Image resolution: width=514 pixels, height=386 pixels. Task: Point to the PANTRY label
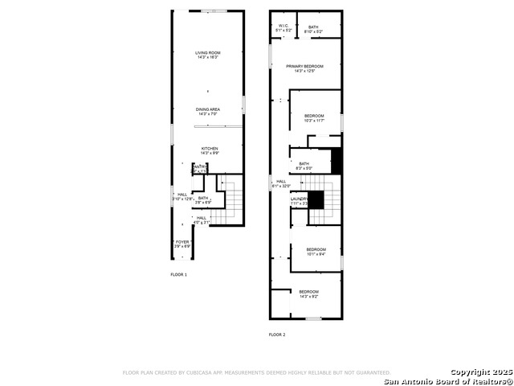198,169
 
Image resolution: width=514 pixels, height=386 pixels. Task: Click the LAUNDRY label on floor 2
300,201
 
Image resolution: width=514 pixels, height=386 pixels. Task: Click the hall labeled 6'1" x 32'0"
281,183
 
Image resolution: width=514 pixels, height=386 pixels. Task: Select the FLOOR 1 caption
178,275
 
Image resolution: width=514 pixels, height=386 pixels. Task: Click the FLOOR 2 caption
276,335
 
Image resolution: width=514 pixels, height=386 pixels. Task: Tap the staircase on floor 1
231,201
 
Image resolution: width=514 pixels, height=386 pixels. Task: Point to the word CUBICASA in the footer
207,373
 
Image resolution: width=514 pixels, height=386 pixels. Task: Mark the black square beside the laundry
317,200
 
